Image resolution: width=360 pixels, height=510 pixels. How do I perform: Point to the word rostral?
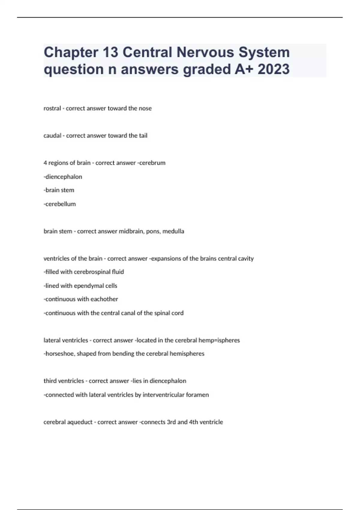pos(52,108)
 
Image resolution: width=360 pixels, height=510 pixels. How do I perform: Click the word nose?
pos(145,108)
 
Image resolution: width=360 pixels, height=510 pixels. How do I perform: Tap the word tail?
pos(143,136)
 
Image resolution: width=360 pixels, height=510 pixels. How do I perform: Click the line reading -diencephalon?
pos(63,177)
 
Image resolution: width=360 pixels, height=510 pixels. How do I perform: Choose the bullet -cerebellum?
pos(60,204)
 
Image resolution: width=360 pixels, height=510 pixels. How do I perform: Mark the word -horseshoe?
pos(59,354)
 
